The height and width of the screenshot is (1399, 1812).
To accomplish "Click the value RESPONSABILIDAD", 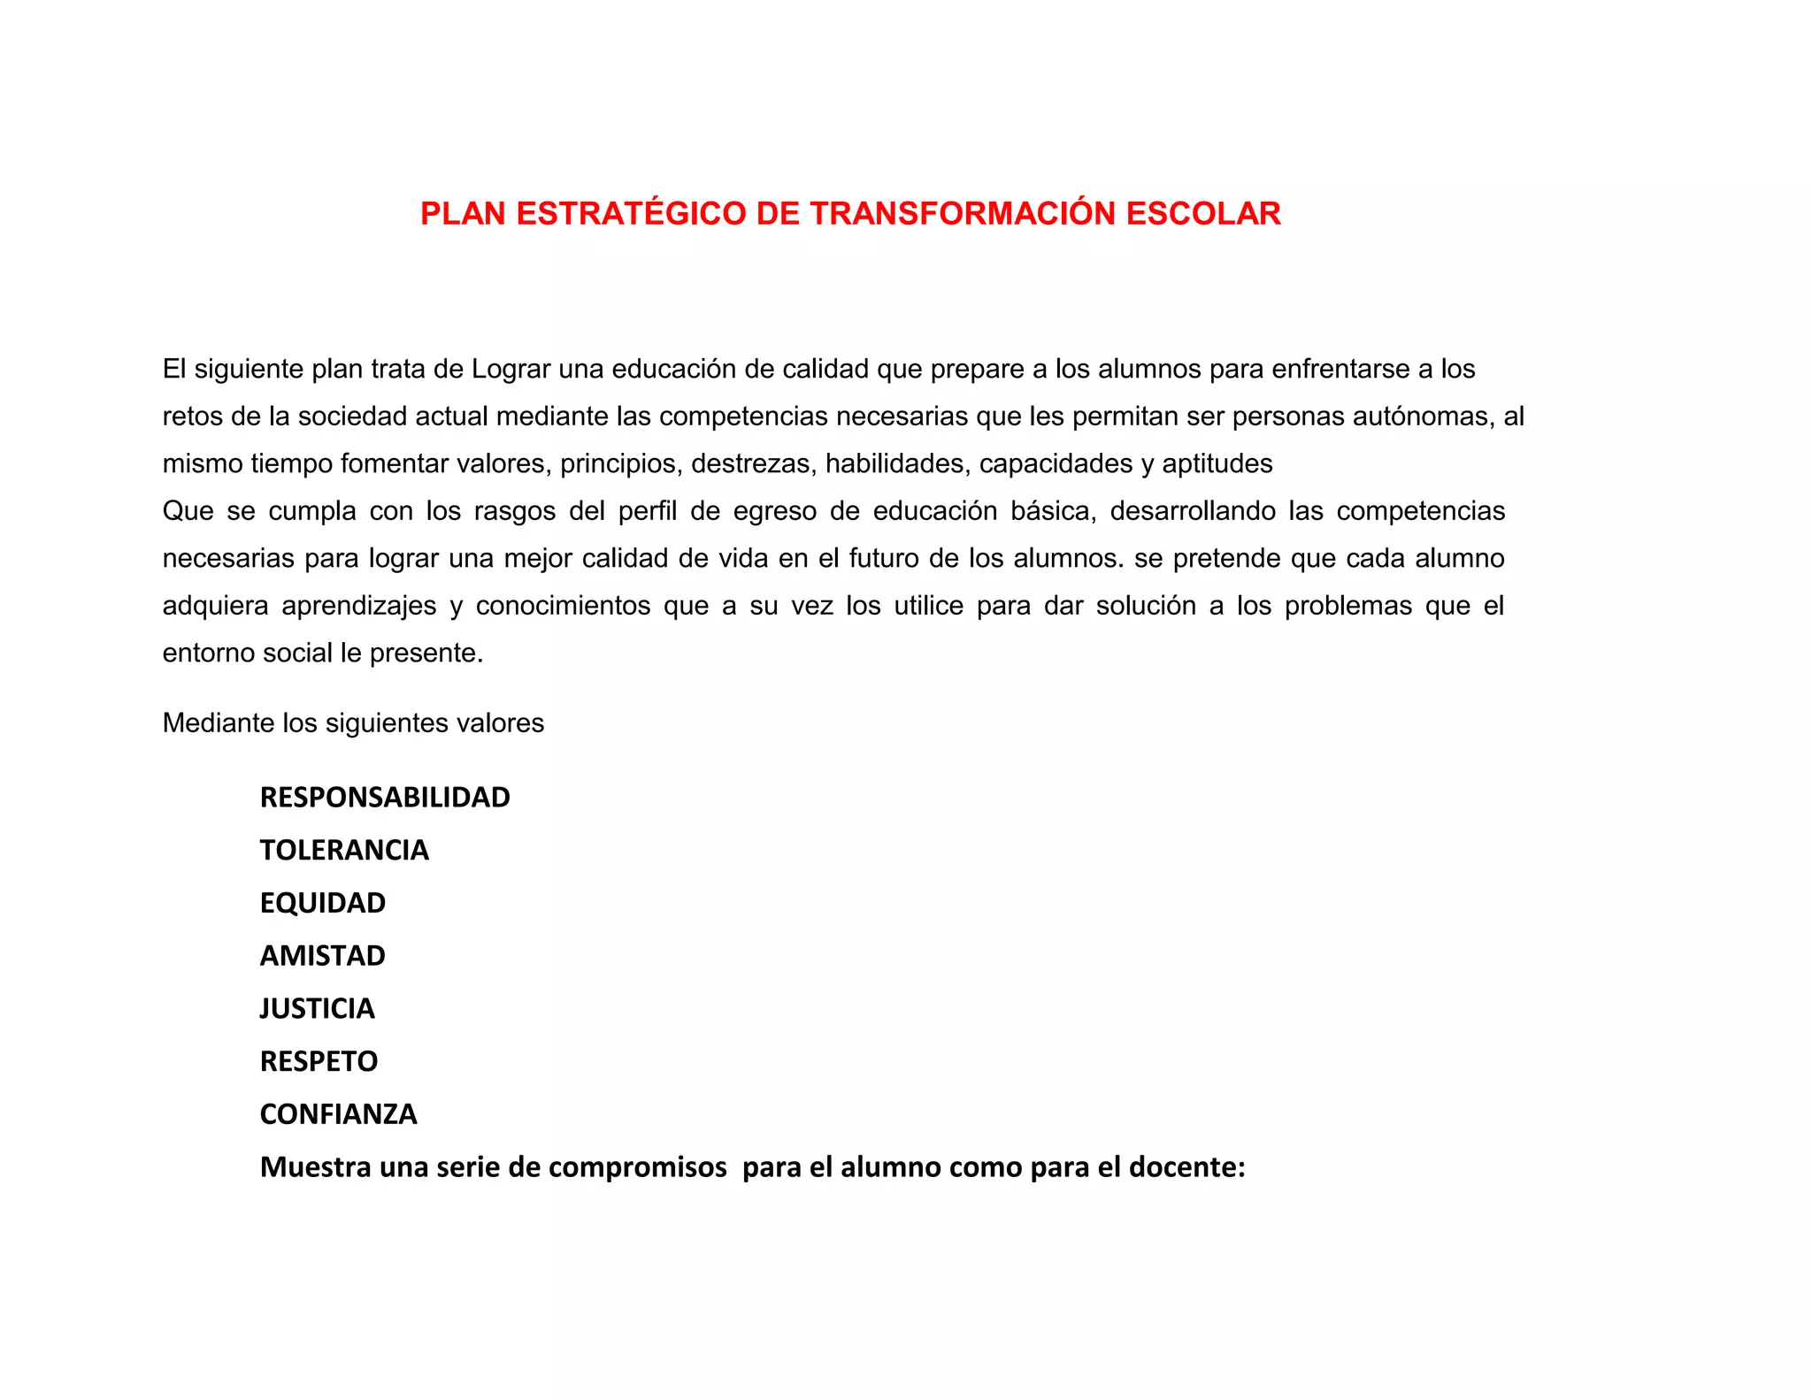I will click(x=385, y=798).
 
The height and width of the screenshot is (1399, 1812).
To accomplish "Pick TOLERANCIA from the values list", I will click(x=344, y=851).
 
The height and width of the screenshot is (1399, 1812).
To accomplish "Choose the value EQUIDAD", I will click(x=323, y=903).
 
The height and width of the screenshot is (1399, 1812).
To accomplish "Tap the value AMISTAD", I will click(x=323, y=956).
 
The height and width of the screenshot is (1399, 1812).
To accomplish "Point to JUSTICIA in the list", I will click(x=318, y=1009).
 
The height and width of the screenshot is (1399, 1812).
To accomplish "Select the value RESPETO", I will click(x=319, y=1061).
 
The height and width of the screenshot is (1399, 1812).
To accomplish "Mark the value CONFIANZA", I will click(x=339, y=1114).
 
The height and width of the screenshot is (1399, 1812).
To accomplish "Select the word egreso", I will click(x=775, y=512).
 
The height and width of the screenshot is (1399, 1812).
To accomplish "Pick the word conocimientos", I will click(x=563, y=607).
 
